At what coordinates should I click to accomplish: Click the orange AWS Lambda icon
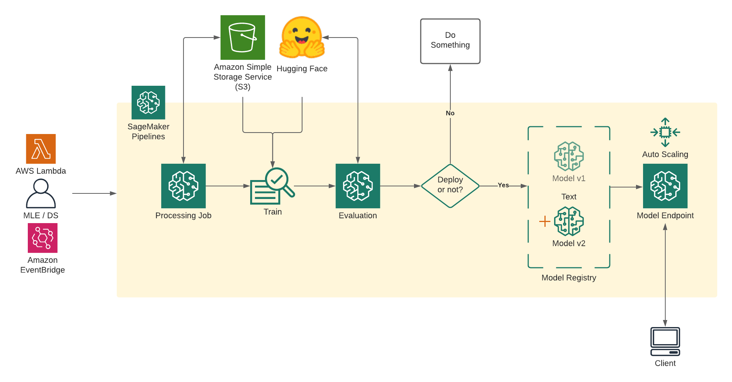(41, 149)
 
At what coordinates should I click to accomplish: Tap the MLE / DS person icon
(41, 193)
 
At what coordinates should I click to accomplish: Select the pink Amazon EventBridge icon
(43, 238)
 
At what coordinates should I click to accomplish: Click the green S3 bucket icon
(242, 37)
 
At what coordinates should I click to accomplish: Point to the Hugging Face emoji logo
(302, 38)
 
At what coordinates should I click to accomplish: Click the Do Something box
(450, 41)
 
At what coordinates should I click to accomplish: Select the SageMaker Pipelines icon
(148, 102)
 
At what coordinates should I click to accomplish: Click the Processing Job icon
(183, 186)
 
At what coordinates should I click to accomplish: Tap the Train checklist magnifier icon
(272, 186)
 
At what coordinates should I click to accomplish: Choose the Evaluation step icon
(358, 186)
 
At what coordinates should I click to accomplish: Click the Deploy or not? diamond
(450, 186)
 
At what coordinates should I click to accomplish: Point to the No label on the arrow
(450, 113)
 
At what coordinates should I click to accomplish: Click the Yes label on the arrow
(503, 185)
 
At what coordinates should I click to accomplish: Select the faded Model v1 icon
(569, 156)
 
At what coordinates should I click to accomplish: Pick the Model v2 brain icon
(569, 221)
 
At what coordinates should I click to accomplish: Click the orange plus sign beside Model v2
(544, 221)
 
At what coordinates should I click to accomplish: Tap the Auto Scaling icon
(665, 133)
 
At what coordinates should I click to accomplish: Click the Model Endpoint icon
(665, 186)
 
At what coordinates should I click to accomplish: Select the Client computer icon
(665, 342)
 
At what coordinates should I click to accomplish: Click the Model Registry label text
(569, 278)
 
